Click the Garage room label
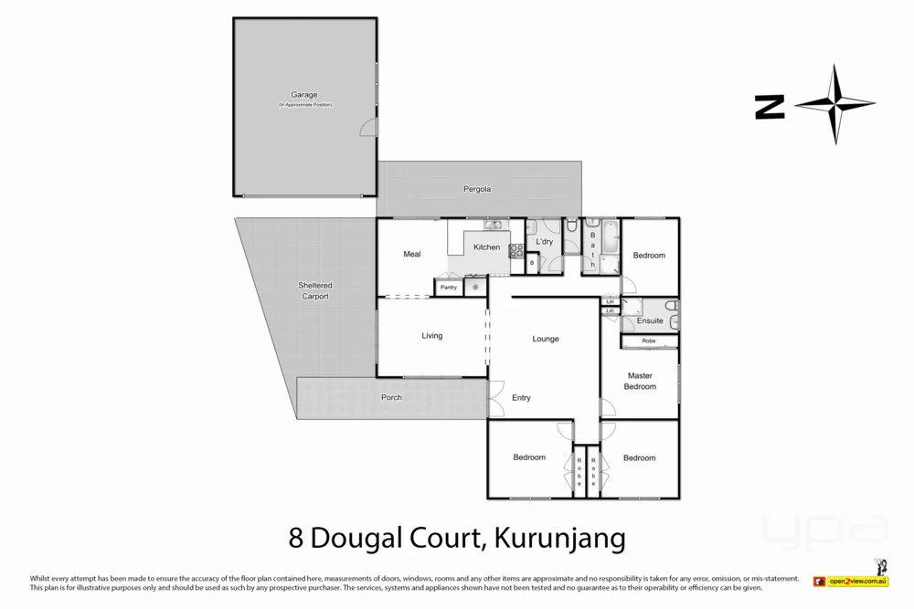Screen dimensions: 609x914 pos(304,95)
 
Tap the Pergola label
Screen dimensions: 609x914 pos(476,189)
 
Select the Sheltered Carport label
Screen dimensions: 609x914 pos(314,290)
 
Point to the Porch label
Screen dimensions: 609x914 pos(391,397)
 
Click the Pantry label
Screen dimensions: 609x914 pos(448,288)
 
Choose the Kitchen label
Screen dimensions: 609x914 pos(486,247)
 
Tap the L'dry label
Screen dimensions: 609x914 pos(544,242)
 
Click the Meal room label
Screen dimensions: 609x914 pos(412,255)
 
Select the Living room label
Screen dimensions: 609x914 pos(431,336)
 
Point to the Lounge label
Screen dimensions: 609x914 pos(546,339)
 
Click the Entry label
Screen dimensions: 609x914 pos(521,398)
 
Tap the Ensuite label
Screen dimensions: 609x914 pos(650,321)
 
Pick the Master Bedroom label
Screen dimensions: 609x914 pos(640,381)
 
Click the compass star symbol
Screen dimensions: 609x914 pos(834,105)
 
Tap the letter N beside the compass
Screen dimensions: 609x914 pos(770,107)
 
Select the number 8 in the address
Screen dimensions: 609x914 pos(295,537)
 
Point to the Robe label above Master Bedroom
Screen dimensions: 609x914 pos(649,341)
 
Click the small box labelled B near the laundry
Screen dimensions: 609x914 pos(532,263)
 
